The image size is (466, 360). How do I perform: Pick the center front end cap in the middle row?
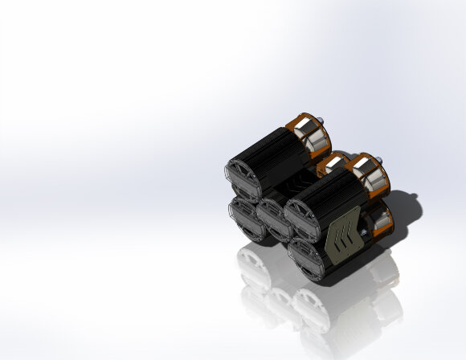[273, 218]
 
